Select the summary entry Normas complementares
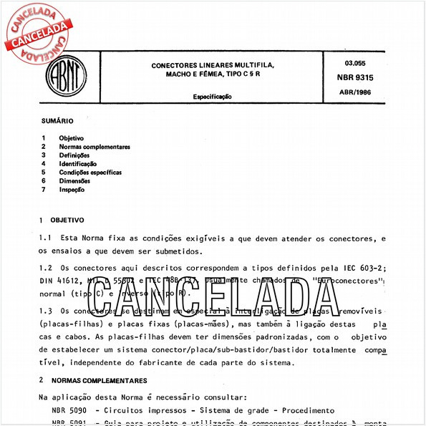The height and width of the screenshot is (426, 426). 95,147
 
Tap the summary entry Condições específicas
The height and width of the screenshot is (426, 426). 90,173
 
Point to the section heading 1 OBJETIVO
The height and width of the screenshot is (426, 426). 62,220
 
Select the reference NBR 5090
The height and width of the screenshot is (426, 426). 69,411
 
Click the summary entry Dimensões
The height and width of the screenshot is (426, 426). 74,181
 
